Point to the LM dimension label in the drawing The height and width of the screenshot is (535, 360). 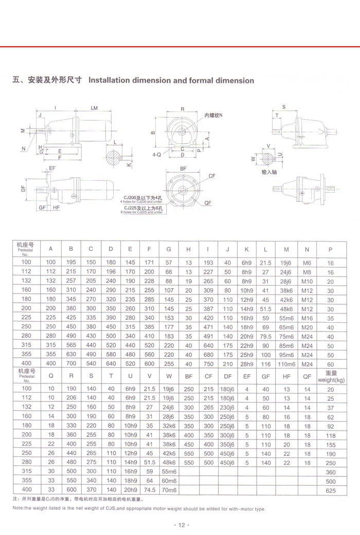pyautogui.click(x=94, y=108)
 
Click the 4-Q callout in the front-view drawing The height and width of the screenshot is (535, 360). pyautogui.click(x=157, y=154)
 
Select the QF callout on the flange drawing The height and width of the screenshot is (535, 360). pyautogui.click(x=208, y=202)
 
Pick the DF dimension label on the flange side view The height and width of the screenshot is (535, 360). pyautogui.click(x=24, y=189)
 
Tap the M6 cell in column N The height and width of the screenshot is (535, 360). pyautogui.click(x=307, y=263)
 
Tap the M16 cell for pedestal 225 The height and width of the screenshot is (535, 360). pyautogui.click(x=307, y=318)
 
